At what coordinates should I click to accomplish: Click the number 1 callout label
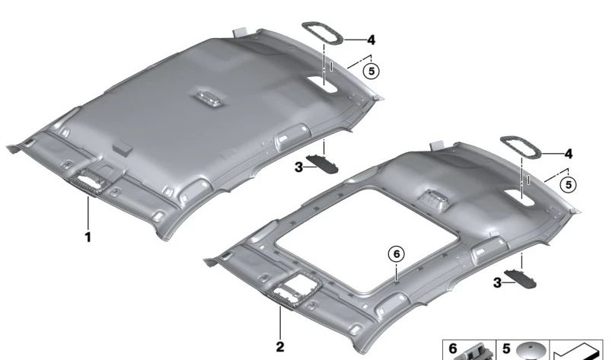tap(88, 237)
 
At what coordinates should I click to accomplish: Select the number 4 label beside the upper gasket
tap(371, 40)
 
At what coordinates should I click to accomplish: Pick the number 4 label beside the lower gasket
tap(569, 154)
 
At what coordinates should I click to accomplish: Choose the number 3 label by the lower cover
tap(497, 282)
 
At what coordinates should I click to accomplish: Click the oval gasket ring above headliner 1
tap(322, 35)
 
